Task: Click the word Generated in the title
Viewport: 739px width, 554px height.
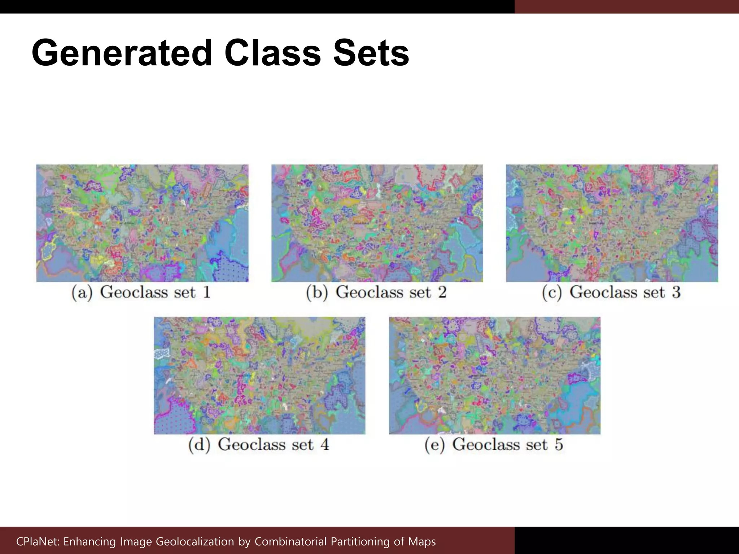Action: click(122, 53)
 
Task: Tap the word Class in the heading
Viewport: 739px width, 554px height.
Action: click(272, 53)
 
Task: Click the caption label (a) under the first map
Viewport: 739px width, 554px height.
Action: click(82, 293)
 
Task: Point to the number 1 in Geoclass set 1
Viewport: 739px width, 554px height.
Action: click(206, 292)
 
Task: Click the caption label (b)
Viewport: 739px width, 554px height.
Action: click(317, 293)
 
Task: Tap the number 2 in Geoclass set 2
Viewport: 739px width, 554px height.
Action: click(442, 292)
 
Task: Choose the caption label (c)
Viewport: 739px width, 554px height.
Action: click(552, 293)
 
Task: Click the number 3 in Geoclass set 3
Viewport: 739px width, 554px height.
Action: click(676, 292)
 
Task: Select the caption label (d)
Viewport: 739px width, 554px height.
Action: click(199, 445)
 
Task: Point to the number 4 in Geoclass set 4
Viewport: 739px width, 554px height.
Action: click(325, 444)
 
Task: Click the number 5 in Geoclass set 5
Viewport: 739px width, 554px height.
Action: click(559, 444)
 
